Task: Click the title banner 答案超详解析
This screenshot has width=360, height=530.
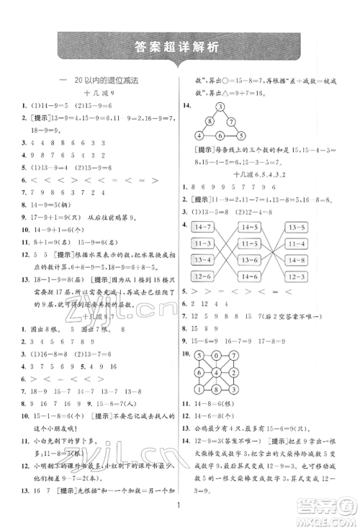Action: [180, 48]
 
